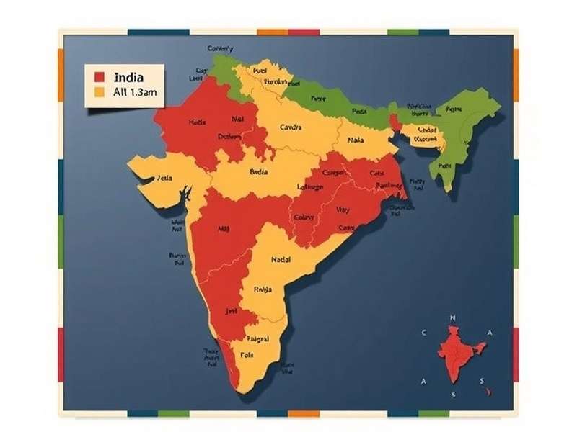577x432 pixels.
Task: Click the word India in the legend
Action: (128, 77)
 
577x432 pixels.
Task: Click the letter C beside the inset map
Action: (424, 333)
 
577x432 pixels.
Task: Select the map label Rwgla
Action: (263, 289)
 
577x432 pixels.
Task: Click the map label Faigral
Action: (257, 338)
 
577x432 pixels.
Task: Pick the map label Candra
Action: (290, 128)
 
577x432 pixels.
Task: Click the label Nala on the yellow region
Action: (356, 141)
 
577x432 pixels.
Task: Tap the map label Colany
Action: (304, 217)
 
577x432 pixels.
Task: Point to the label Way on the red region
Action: (343, 210)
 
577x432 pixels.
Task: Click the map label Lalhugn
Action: (310, 187)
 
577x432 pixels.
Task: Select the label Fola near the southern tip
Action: (247, 354)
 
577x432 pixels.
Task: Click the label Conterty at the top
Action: (221, 49)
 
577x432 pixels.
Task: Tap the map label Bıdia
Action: (258, 172)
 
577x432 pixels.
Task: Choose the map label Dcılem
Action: (229, 137)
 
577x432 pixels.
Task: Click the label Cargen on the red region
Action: (333, 173)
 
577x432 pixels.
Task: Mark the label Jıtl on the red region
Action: (231, 312)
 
